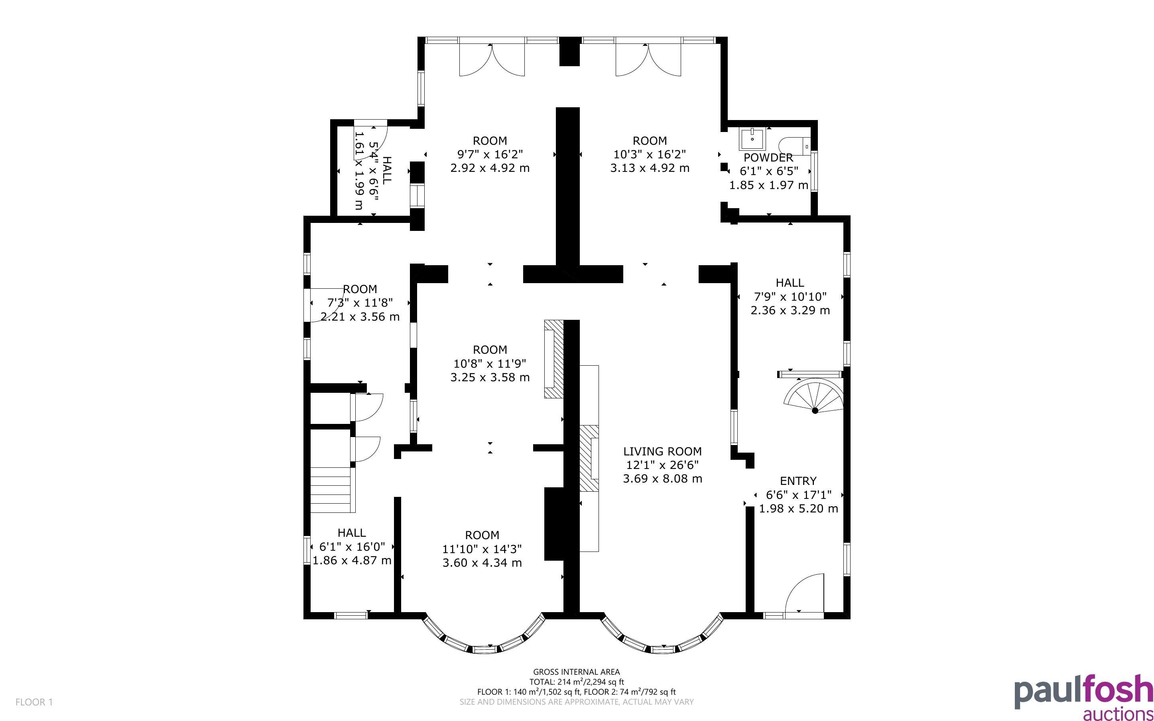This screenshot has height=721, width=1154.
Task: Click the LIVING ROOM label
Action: pos(662,451)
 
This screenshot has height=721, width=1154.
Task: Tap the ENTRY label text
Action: pos(798,481)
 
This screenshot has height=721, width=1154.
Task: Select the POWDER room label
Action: pos(768,158)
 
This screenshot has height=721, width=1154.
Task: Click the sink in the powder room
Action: pos(752,139)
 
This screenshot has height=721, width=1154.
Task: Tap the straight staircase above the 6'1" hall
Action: pos(333,490)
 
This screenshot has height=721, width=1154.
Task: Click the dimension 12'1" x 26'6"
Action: pos(662,465)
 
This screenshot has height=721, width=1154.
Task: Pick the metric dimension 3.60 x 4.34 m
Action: pos(482,563)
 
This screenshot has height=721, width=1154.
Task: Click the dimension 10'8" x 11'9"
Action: pos(490,363)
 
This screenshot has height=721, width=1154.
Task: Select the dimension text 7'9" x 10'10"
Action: pos(790,297)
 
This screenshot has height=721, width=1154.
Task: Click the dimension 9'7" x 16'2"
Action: pos(490,154)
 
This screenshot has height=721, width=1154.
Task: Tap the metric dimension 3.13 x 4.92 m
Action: pos(650,168)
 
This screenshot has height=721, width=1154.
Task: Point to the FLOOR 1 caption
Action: pos(34,702)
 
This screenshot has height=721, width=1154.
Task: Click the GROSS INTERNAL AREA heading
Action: pos(576,672)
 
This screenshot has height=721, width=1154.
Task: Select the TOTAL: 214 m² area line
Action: pos(576,682)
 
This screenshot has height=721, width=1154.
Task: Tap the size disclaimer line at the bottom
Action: pos(576,701)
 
